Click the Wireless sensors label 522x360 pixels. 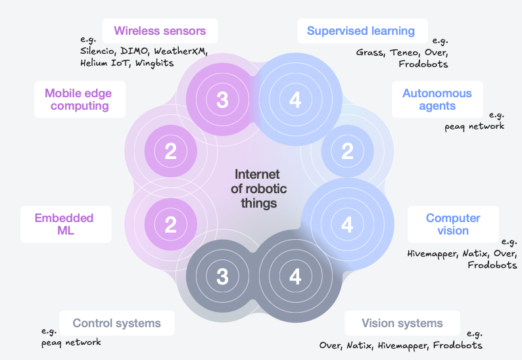click(160, 31)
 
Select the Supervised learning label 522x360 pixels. click(361, 31)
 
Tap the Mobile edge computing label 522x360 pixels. click(78, 99)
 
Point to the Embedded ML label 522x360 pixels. click(64, 224)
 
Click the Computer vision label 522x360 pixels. click(453, 224)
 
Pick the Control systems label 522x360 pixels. click(116, 323)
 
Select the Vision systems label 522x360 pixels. click(402, 323)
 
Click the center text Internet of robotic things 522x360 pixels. click(257, 189)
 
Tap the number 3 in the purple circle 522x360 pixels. click(222, 100)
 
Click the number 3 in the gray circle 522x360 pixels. click(222, 277)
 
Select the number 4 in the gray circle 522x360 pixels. click(295, 277)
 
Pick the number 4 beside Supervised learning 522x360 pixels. click(295, 100)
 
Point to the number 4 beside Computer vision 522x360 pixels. click(347, 225)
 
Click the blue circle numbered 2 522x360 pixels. click(347, 152)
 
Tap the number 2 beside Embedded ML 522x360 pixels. click(170, 225)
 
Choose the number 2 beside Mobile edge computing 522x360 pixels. click(170, 152)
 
